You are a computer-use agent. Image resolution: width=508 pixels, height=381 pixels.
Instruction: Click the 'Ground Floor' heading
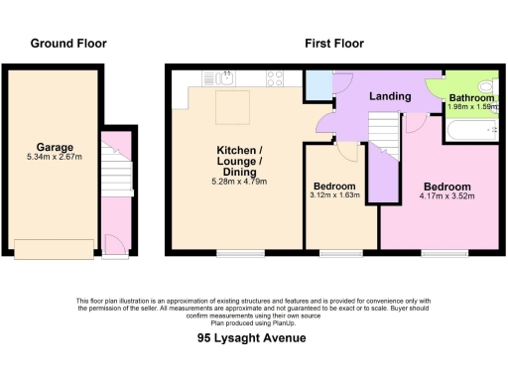pos(68,43)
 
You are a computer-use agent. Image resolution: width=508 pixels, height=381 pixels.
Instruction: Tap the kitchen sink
pos(224,77)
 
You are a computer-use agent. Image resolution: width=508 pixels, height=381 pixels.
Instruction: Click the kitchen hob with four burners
pos(275,77)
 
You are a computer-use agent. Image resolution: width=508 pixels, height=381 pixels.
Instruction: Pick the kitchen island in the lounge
pos(233,105)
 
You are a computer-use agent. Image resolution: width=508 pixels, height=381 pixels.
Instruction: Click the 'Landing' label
pos(390,96)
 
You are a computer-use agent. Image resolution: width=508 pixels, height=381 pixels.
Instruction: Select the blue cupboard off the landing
pos(318,85)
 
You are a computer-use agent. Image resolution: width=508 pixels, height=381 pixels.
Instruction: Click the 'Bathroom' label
pos(471,98)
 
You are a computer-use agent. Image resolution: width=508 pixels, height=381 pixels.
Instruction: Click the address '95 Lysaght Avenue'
pos(254,338)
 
